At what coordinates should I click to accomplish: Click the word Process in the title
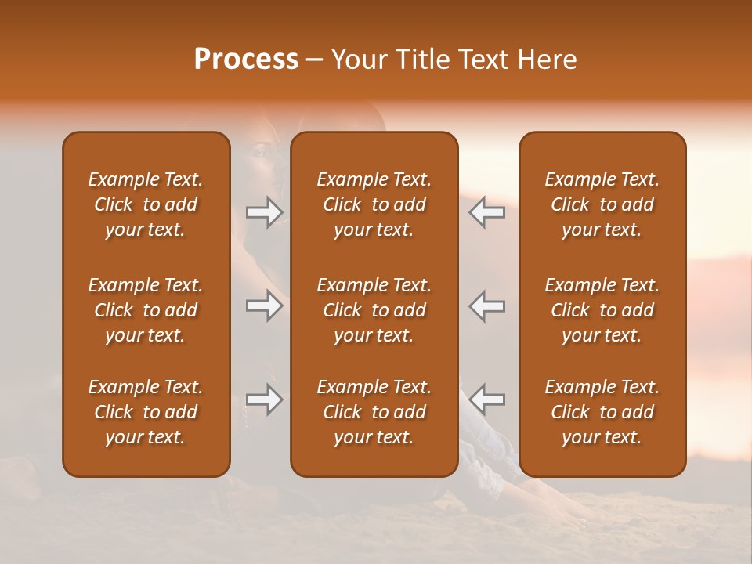[x=246, y=60]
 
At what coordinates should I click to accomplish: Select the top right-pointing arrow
[x=264, y=212]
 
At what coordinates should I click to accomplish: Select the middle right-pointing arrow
[x=264, y=305]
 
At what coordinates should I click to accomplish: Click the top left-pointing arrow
[x=487, y=212]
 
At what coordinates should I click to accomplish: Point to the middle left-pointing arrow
[x=487, y=305]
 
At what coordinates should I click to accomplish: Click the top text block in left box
[x=146, y=204]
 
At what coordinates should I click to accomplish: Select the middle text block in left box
[x=146, y=310]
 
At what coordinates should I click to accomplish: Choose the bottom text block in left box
[x=146, y=412]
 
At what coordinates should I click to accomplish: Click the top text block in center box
[x=374, y=204]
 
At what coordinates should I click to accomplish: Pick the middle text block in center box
[x=374, y=310]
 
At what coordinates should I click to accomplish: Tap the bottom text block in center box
[x=374, y=412]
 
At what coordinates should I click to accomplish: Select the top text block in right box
[x=602, y=204]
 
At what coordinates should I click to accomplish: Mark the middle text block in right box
[x=602, y=310]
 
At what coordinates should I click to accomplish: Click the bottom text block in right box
[x=602, y=412]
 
